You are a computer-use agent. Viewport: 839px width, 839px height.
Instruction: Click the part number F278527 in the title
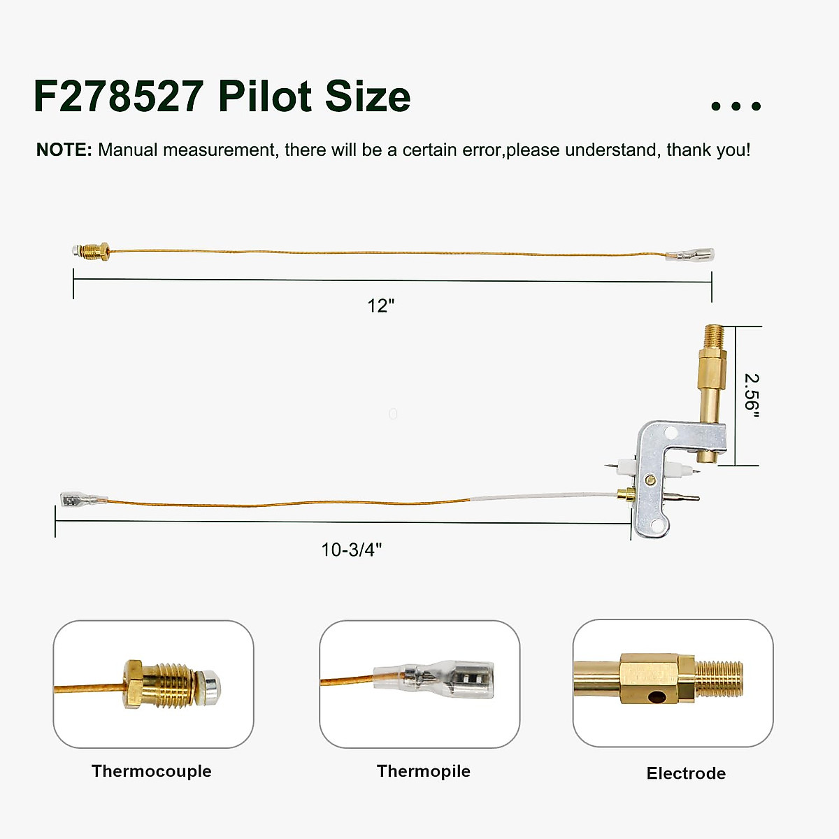[x=118, y=96]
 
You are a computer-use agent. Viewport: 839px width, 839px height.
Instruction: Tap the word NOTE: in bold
[x=64, y=150]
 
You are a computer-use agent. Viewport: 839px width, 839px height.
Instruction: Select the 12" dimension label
[x=381, y=306]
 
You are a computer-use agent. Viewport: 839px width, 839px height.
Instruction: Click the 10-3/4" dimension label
[x=351, y=550]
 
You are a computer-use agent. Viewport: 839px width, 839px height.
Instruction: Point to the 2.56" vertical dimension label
[x=751, y=396]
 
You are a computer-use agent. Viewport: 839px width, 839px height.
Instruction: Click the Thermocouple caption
[x=151, y=771]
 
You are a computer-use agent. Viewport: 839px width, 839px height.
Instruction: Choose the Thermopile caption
[x=423, y=771]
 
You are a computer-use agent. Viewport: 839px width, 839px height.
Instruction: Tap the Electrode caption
[x=686, y=773]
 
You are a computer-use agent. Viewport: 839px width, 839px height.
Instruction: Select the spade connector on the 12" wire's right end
[x=691, y=255]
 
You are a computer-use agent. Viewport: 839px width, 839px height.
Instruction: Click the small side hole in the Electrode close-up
[x=657, y=696]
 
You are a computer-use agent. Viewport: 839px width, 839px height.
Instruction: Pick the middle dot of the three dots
[x=736, y=106]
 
